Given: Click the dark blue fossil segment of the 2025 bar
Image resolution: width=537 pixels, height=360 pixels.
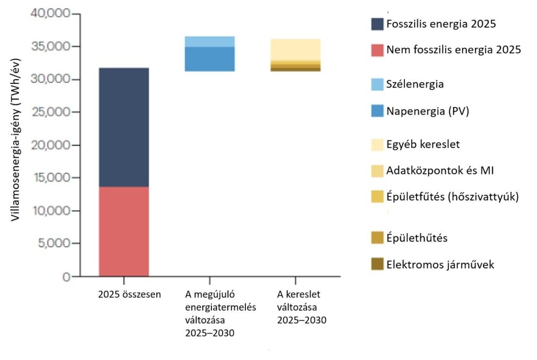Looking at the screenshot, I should point(124,127).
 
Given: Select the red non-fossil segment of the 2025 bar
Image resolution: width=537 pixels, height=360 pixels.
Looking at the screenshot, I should point(124,231).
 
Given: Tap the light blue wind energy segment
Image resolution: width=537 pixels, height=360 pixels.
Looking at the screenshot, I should point(210,41).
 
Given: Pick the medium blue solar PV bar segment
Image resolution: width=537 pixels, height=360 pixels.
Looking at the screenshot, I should point(210,59).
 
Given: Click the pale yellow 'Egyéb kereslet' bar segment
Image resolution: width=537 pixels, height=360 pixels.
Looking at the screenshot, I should point(296,49).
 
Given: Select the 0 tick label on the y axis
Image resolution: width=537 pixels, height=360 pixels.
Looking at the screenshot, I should point(67,277).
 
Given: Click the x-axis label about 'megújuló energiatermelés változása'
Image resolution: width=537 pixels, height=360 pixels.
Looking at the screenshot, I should point(210,313).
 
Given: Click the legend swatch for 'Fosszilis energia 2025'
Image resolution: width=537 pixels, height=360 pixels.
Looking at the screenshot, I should point(377,24).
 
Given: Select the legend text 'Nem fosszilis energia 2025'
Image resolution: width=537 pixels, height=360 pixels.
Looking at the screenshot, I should point(453,50).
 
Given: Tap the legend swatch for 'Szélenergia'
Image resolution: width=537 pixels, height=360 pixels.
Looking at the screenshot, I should point(377,84).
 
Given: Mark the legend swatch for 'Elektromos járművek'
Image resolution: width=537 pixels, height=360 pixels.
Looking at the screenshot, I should point(377,264).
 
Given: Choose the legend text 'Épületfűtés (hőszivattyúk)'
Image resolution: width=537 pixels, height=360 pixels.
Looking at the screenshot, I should point(452,198).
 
